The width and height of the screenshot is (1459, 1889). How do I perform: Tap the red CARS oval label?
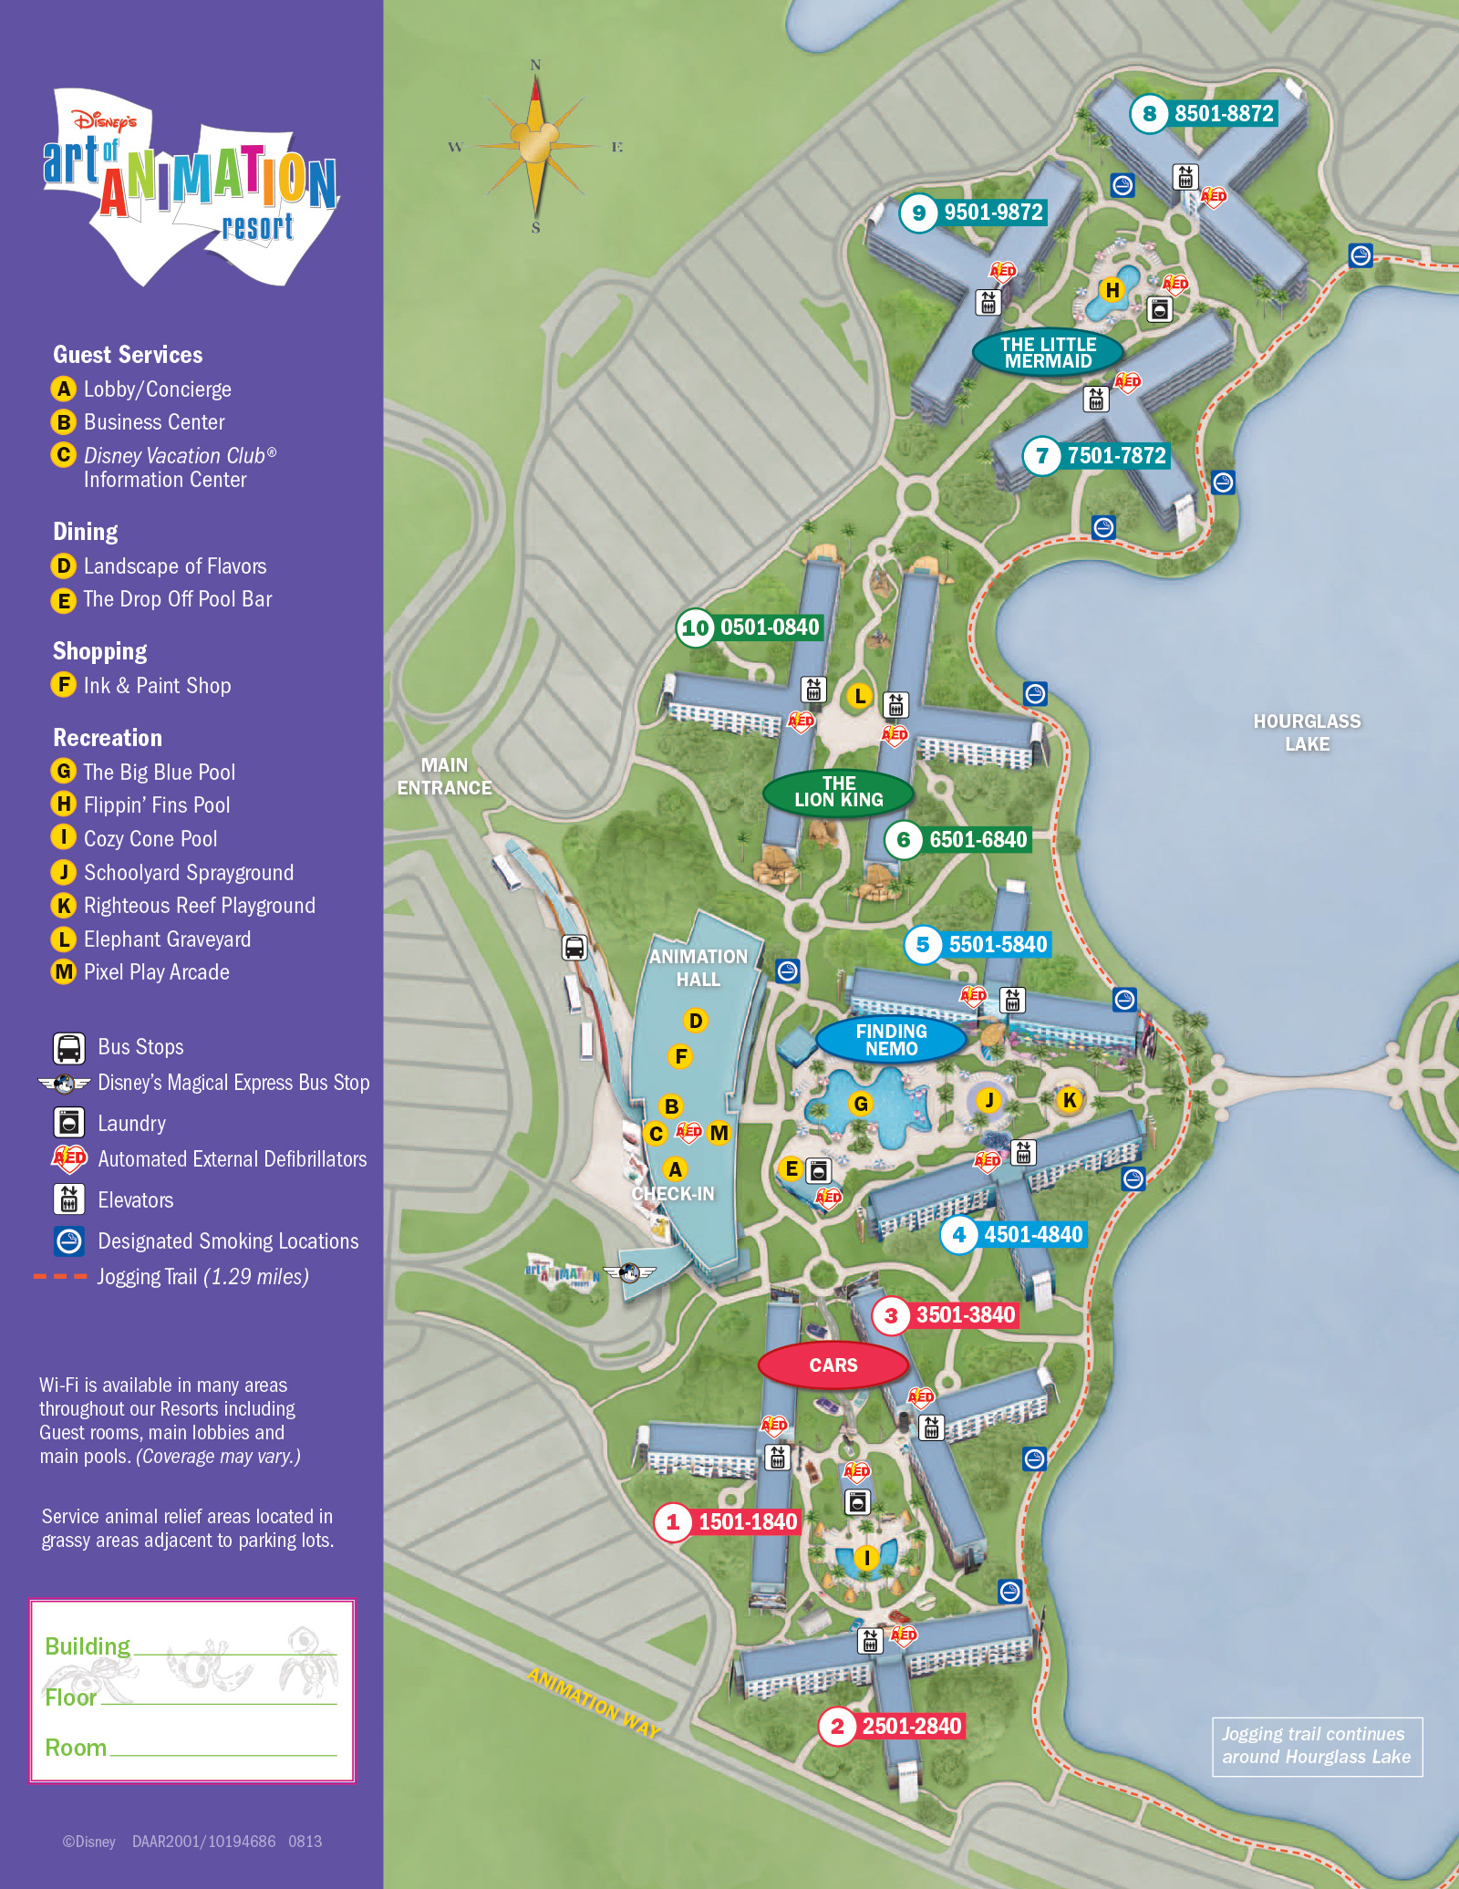pos(833,1365)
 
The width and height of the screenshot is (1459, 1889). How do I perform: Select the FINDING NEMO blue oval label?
pos(891,1040)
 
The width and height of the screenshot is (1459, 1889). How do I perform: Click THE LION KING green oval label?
pos(838,792)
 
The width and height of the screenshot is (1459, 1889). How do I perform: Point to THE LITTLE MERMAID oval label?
pos(1048,353)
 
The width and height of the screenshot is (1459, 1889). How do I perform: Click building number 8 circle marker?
pos(1149,114)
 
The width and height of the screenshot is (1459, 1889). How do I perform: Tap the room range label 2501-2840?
pos(911,1726)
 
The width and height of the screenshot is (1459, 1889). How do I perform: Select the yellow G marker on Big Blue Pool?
pos(860,1105)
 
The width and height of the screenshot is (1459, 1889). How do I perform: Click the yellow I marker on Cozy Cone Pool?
pos(866,1558)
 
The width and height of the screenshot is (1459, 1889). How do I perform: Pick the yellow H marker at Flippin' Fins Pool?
pos(1112,291)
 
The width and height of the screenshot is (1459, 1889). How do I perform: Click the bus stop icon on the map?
pos(574,948)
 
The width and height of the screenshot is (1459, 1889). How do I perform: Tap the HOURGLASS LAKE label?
pos(1307,732)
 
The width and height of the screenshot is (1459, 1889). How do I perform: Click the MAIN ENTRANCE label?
pos(444,776)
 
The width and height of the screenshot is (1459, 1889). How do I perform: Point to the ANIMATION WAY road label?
pos(594,1702)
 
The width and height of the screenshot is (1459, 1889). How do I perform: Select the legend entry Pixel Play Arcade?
pos(156,972)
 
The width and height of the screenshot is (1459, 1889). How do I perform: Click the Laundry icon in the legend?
pos(69,1123)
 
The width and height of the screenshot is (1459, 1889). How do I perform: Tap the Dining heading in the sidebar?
pos(86,532)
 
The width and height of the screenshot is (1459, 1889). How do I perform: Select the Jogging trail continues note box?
pos(1316,1746)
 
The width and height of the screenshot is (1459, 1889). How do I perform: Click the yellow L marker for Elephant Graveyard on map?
pos(859,697)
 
